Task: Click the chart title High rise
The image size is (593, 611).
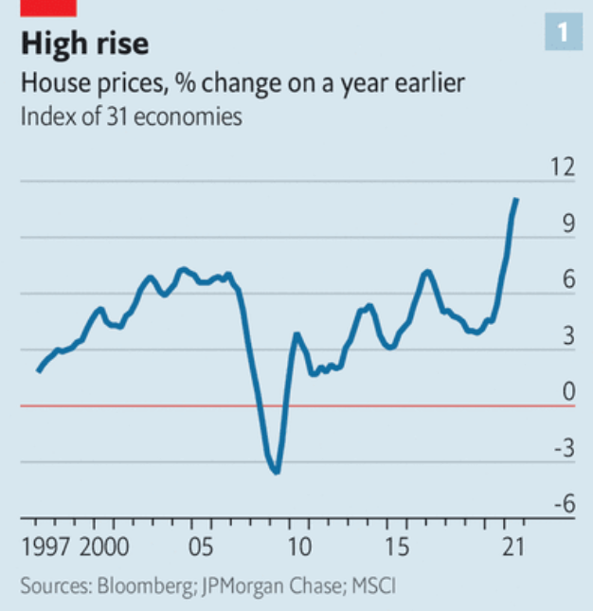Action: pyautogui.click(x=85, y=44)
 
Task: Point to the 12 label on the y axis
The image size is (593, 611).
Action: pyautogui.click(x=563, y=169)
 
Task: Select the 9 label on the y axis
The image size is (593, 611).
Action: pyautogui.click(x=567, y=225)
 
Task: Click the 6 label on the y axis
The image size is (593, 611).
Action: pyautogui.click(x=567, y=281)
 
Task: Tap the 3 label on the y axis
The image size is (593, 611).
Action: pyautogui.click(x=567, y=337)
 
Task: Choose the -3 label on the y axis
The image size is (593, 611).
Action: pyautogui.click(x=564, y=449)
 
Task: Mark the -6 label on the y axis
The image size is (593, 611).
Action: pyautogui.click(x=564, y=505)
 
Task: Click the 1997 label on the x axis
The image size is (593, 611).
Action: pyautogui.click(x=45, y=548)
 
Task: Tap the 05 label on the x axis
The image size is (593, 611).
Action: pyautogui.click(x=201, y=548)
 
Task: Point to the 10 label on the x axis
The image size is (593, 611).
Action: pyautogui.click(x=299, y=548)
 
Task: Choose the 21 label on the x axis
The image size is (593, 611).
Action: pyautogui.click(x=512, y=548)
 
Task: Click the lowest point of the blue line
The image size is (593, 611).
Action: pyautogui.click(x=276, y=471)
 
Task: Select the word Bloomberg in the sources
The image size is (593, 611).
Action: pyautogui.click(x=145, y=586)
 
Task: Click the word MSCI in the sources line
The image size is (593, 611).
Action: pyautogui.click(x=372, y=586)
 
